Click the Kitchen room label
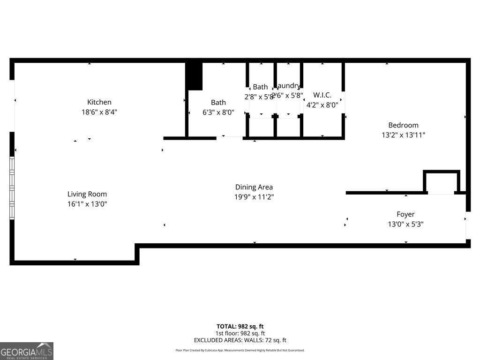pos(99,102)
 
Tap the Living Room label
pos(87,194)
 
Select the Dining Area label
pos(254,187)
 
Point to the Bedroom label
pos(403,125)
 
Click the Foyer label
pos(405,214)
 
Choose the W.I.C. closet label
pos(322,95)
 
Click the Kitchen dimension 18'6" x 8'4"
pos(99,112)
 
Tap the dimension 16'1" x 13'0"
pos(87,204)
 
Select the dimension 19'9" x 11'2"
pos(254,197)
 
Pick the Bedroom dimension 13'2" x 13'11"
pos(403,135)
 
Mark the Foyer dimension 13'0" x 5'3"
pos(405,224)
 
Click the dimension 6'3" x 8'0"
pos(218,112)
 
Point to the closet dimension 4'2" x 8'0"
pos(322,105)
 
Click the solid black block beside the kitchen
pos(194,76)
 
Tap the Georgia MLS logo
pos(27,351)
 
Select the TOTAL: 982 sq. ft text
pos(240,326)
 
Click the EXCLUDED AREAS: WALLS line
pos(240,340)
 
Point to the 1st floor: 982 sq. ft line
pos(240,333)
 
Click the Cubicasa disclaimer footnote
pos(240,350)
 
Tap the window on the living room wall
pos(12,187)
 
